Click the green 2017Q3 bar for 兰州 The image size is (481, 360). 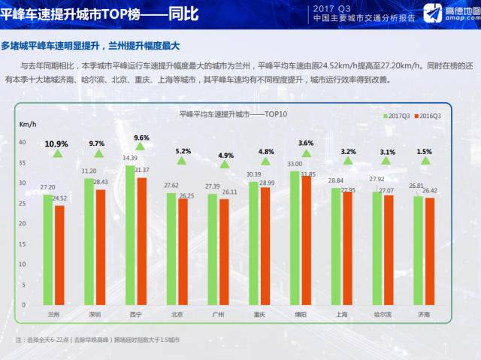[48, 248]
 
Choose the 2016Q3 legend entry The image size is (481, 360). [431, 116]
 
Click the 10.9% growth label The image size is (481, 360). [56, 144]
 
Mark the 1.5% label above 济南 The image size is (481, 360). [425, 151]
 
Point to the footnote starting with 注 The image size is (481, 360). [98, 340]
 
